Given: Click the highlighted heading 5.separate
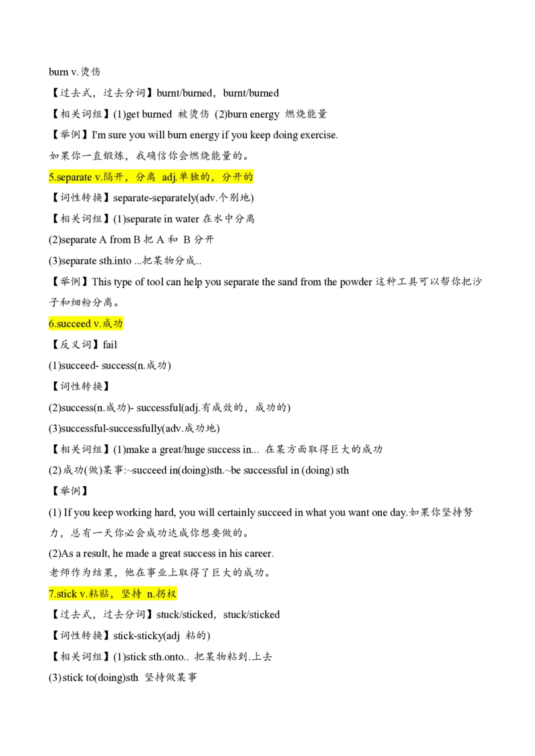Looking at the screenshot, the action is pos(150,177).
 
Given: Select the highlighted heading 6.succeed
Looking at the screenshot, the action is pos(86,323).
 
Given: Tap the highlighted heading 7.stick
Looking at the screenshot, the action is pos(112,594).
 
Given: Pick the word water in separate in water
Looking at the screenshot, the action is pos(187,219).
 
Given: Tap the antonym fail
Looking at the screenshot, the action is pos(110,344).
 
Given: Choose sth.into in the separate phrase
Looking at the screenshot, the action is pos(116,261).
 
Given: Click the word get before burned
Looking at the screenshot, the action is pos(132,115).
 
